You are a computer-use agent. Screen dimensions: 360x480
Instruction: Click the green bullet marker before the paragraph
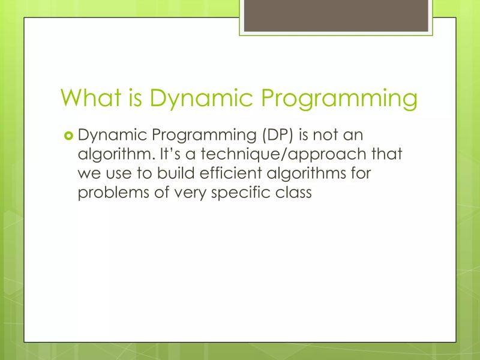click(68, 135)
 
